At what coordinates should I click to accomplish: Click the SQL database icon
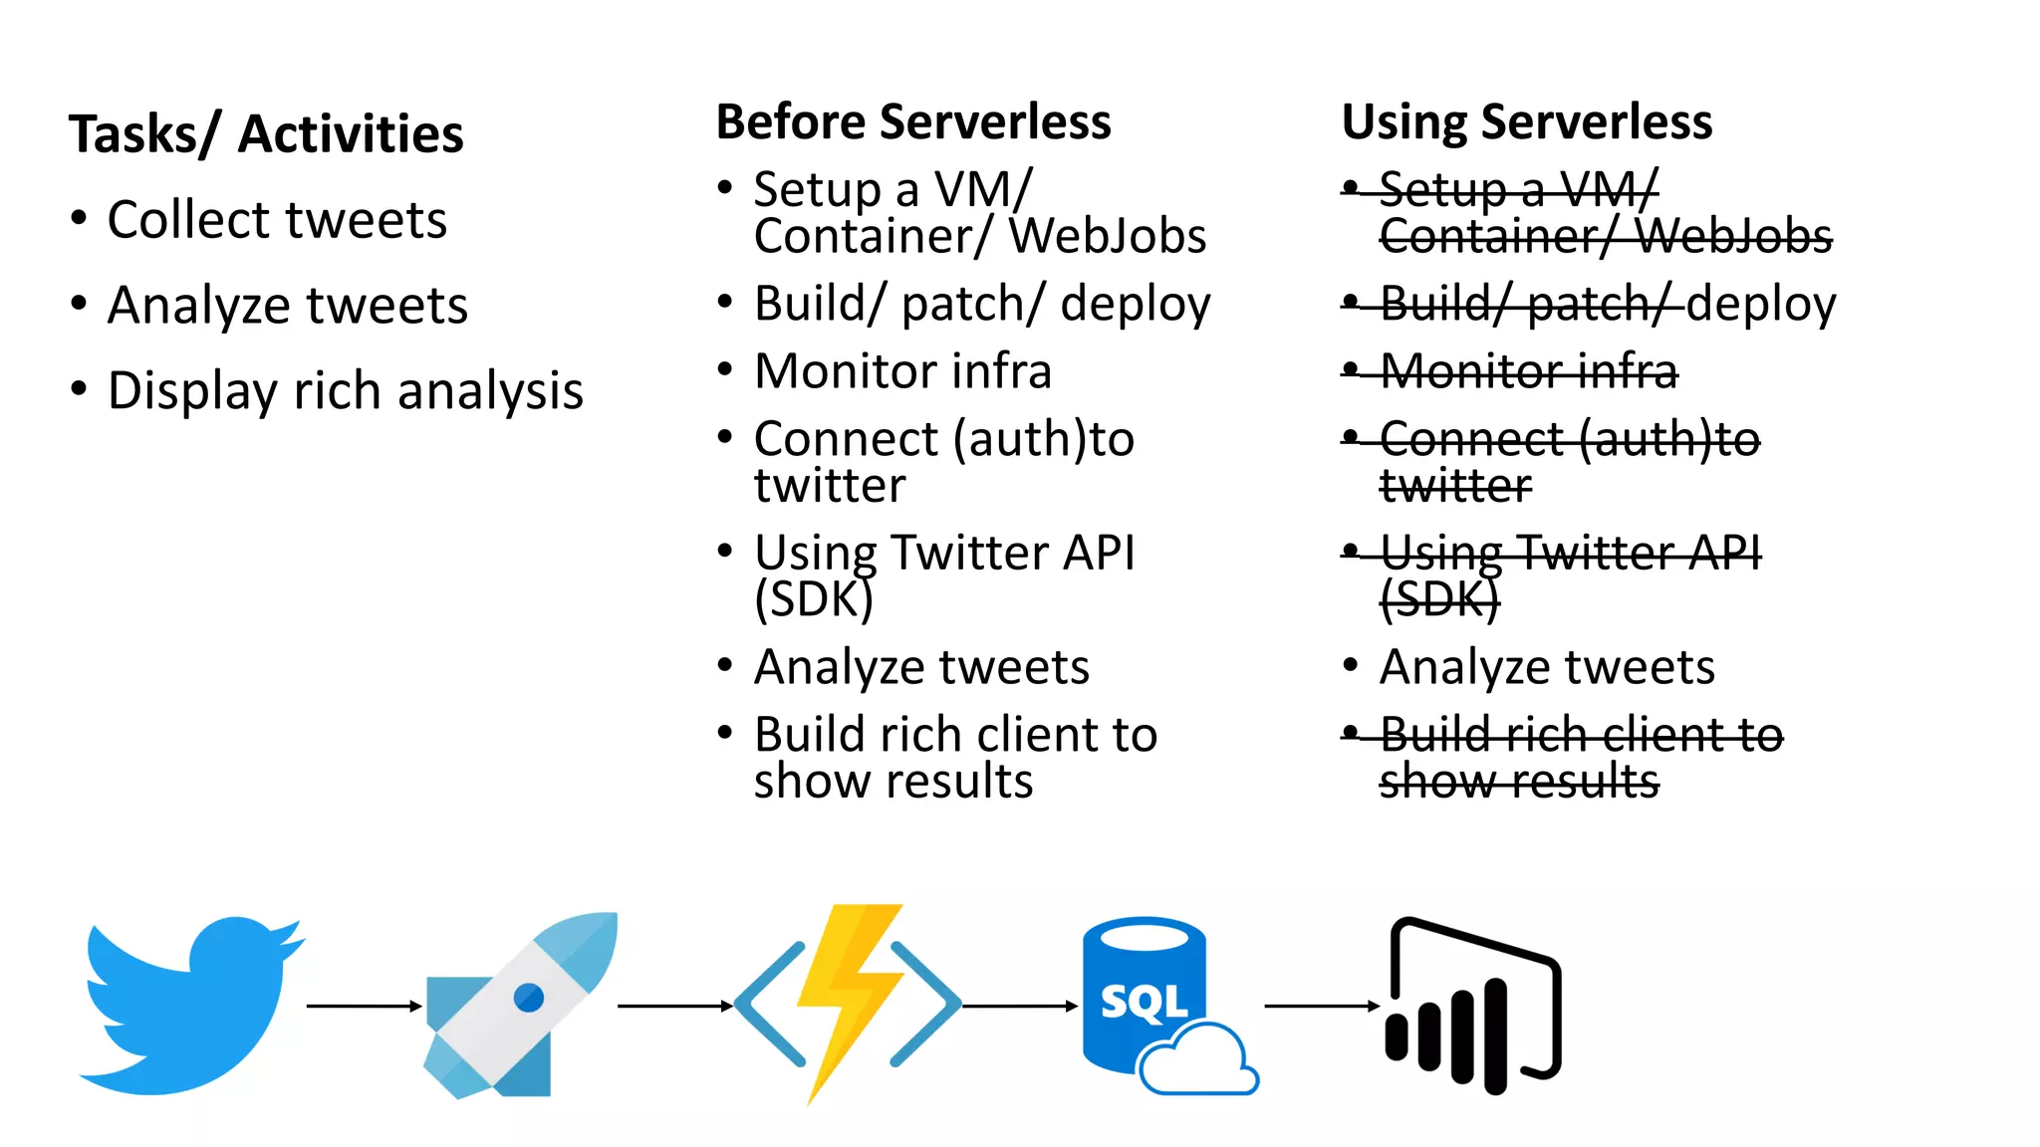pos(1146,996)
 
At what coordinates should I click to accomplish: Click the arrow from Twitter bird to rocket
pos(364,1007)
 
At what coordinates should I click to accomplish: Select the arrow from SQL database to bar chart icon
pos(1321,1007)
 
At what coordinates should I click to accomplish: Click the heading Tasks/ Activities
pos(266,134)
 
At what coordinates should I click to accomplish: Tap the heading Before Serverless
pos(912,122)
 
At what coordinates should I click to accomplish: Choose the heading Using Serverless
pos(1526,122)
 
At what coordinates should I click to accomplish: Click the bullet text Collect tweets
pos(277,220)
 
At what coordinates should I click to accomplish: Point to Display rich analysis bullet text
pos(345,390)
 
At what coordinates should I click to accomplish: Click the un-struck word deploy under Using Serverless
pos(1761,305)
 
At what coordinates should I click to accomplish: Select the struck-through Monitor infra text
pos(1528,371)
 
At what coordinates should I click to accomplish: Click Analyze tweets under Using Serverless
pos(1546,667)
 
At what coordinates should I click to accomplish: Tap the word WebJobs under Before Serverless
pos(1107,237)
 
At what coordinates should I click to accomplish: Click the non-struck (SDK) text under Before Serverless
pos(813,599)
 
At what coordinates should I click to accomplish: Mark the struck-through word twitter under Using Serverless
pos(1454,486)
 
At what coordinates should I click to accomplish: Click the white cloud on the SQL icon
pos(1198,1061)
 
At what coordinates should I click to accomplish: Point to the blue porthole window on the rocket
pos(529,997)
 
